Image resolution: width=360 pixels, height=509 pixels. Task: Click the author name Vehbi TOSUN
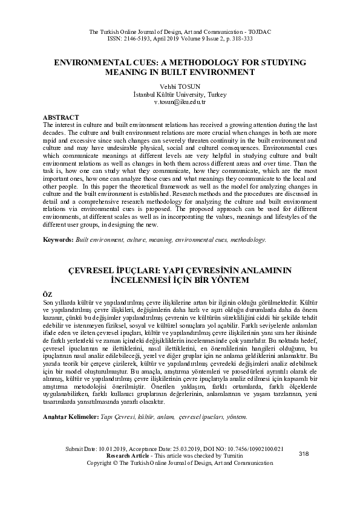point(180,87)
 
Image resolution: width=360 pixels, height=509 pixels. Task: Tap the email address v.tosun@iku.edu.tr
point(180,103)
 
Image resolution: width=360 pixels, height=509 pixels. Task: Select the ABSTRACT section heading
point(61,116)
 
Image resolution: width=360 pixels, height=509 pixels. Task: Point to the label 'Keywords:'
point(59,240)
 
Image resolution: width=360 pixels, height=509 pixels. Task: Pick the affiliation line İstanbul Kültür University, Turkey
point(180,95)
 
